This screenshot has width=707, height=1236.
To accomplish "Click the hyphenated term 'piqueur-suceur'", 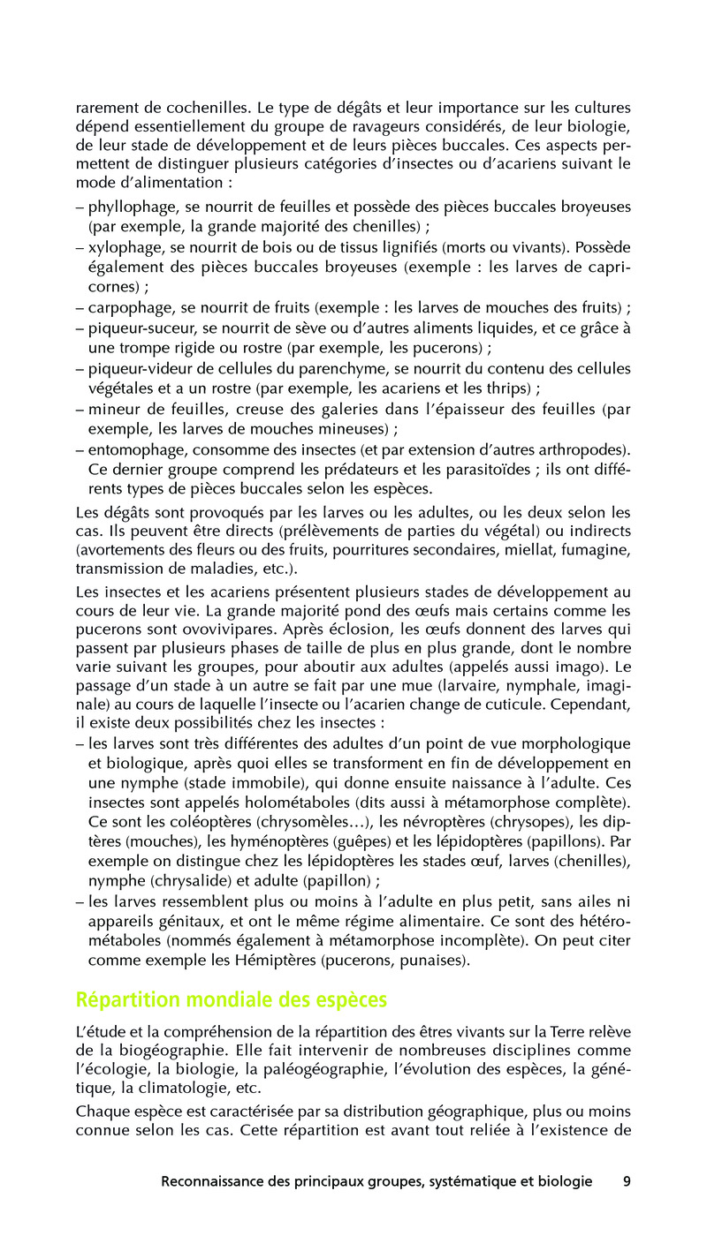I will pyautogui.click(x=140, y=328).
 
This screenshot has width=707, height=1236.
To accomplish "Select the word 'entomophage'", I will pyautogui.click(x=132, y=449).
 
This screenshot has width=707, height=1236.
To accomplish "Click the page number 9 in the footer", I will pyautogui.click(x=627, y=1182).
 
